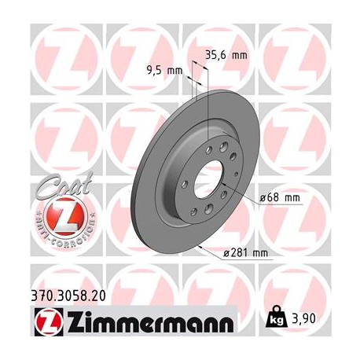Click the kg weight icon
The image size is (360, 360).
277,319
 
